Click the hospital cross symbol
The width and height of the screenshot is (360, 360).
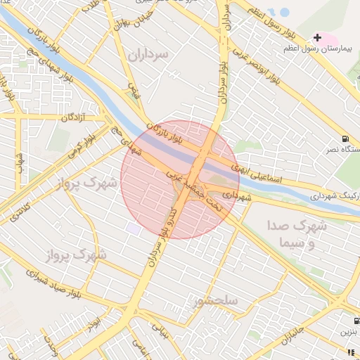point(318,37)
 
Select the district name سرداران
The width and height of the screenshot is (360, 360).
point(150,54)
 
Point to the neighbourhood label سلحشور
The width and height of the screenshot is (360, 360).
point(216,301)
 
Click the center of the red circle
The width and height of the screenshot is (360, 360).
point(180,179)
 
